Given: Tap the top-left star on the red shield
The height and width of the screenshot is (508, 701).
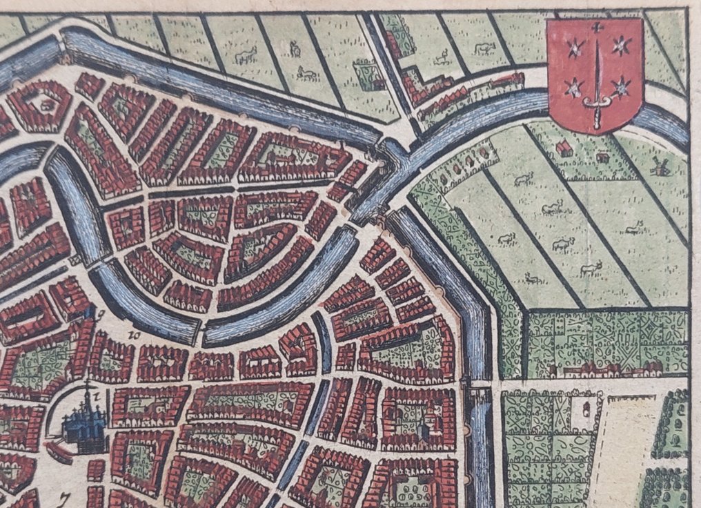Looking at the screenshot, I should pos(571,48).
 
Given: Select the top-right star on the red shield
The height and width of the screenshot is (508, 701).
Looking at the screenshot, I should pos(622,46).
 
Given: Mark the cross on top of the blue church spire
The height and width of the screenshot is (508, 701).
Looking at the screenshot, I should pos(87,385).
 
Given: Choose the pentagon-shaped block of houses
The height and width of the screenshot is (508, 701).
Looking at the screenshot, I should pos(40,105).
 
